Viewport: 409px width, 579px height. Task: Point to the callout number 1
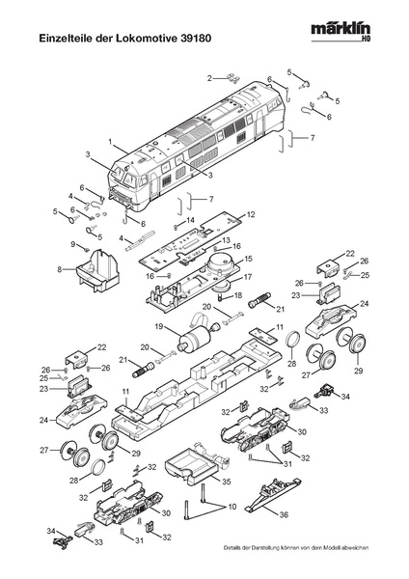(110, 142)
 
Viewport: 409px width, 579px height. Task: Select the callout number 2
(209, 78)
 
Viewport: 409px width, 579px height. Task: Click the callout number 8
(60, 269)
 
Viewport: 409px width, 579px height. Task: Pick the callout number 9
(72, 244)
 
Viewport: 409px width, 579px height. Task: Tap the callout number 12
(251, 214)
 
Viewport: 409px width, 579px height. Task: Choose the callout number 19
(159, 326)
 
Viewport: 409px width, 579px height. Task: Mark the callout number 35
(226, 482)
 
